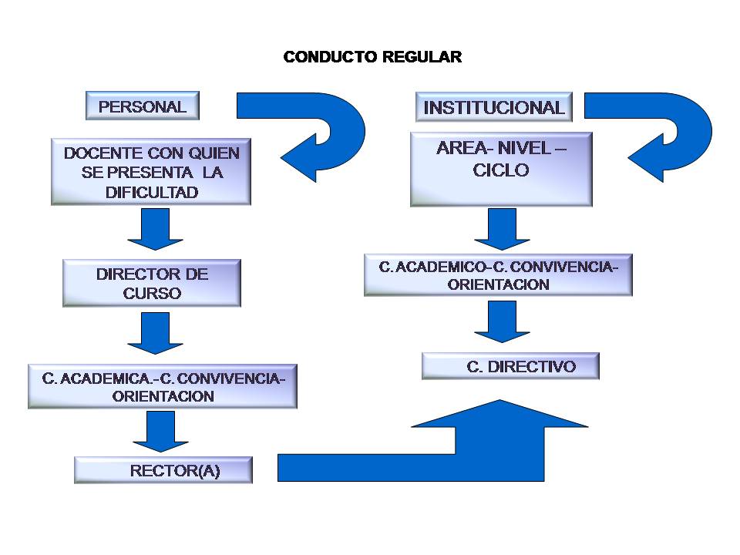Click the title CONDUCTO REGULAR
[x=372, y=58]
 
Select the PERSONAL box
[x=142, y=106]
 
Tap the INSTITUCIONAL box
[x=494, y=107]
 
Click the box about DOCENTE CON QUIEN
[x=151, y=172]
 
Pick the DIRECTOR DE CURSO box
[x=152, y=284]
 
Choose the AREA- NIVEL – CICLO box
[x=501, y=170]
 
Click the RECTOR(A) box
[x=163, y=470]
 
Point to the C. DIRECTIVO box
[x=510, y=366]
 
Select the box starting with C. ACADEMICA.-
[x=163, y=387]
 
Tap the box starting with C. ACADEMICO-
[x=498, y=275]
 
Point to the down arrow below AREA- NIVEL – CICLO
[x=502, y=229]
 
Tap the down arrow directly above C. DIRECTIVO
[x=502, y=321]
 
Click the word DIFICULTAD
[x=152, y=193]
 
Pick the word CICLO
[x=501, y=171]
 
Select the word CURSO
[x=152, y=294]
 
